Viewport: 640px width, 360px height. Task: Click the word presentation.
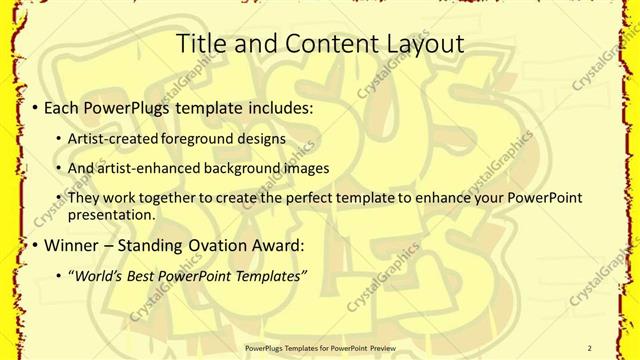click(111, 215)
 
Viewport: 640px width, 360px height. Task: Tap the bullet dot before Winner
click(36, 245)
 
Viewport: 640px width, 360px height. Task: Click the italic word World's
click(95, 275)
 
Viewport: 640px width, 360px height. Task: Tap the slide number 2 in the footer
click(590, 347)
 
